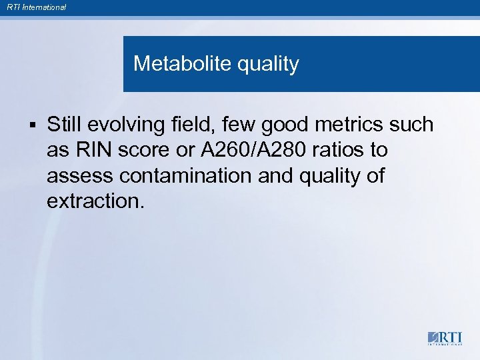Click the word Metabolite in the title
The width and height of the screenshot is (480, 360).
[x=175, y=64]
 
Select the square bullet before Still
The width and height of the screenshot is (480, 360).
[x=31, y=125]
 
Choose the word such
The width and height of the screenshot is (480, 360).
[x=414, y=125]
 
